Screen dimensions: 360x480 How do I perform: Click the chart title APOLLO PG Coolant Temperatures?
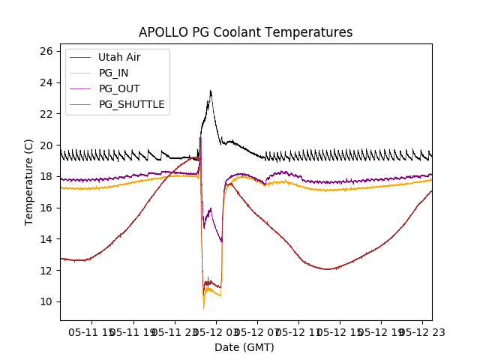point(245,32)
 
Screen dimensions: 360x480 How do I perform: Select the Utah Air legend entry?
point(119,57)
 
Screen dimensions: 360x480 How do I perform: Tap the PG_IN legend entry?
point(114,73)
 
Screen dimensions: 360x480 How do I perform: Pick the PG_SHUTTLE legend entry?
point(131,104)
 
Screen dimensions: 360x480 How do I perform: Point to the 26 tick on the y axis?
point(46,51)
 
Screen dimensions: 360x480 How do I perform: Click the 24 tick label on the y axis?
point(46,82)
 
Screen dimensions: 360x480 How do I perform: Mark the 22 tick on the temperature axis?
point(46,114)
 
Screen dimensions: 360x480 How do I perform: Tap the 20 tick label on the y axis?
point(46,145)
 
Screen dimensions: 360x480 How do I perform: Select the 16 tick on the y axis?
point(46,208)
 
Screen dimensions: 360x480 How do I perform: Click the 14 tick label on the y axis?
point(46,239)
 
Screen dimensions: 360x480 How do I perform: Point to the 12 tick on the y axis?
point(46,270)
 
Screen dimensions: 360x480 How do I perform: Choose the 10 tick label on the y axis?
point(46,301)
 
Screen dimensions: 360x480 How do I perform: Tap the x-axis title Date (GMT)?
point(244,347)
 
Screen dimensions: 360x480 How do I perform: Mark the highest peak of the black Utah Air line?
point(211,91)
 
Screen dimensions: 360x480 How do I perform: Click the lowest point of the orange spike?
point(203,309)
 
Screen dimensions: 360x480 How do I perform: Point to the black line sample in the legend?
point(79,57)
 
